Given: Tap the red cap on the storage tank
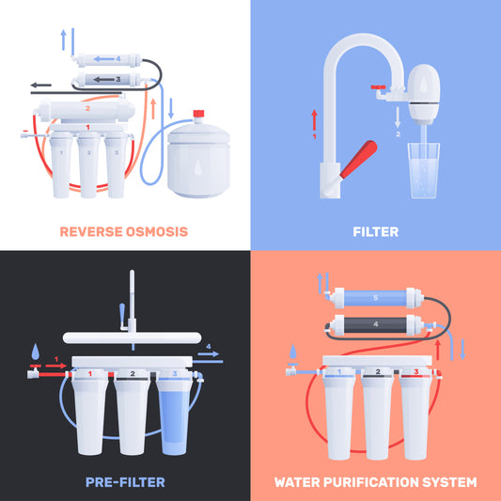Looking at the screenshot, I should pos(198,117).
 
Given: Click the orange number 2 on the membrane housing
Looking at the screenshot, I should pos(87,108).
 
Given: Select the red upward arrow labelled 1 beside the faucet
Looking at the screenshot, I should pos(314,117).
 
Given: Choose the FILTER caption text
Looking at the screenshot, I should pos(375,231).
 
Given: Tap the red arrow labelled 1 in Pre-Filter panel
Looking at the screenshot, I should pos(55,366).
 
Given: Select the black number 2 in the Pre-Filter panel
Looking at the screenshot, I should pos(133,374).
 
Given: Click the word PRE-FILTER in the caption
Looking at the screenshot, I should pos(123,482).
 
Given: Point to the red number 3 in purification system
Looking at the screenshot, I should pos(415,373).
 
